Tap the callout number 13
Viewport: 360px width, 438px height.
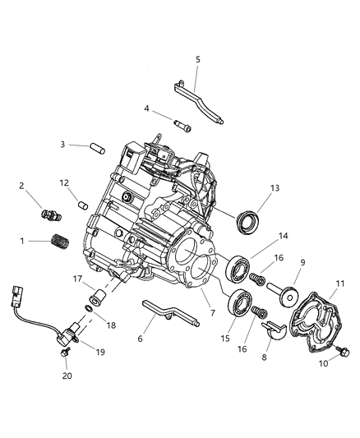click(274, 187)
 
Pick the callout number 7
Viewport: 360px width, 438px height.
click(211, 313)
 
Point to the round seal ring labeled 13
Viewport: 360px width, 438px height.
click(249, 222)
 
